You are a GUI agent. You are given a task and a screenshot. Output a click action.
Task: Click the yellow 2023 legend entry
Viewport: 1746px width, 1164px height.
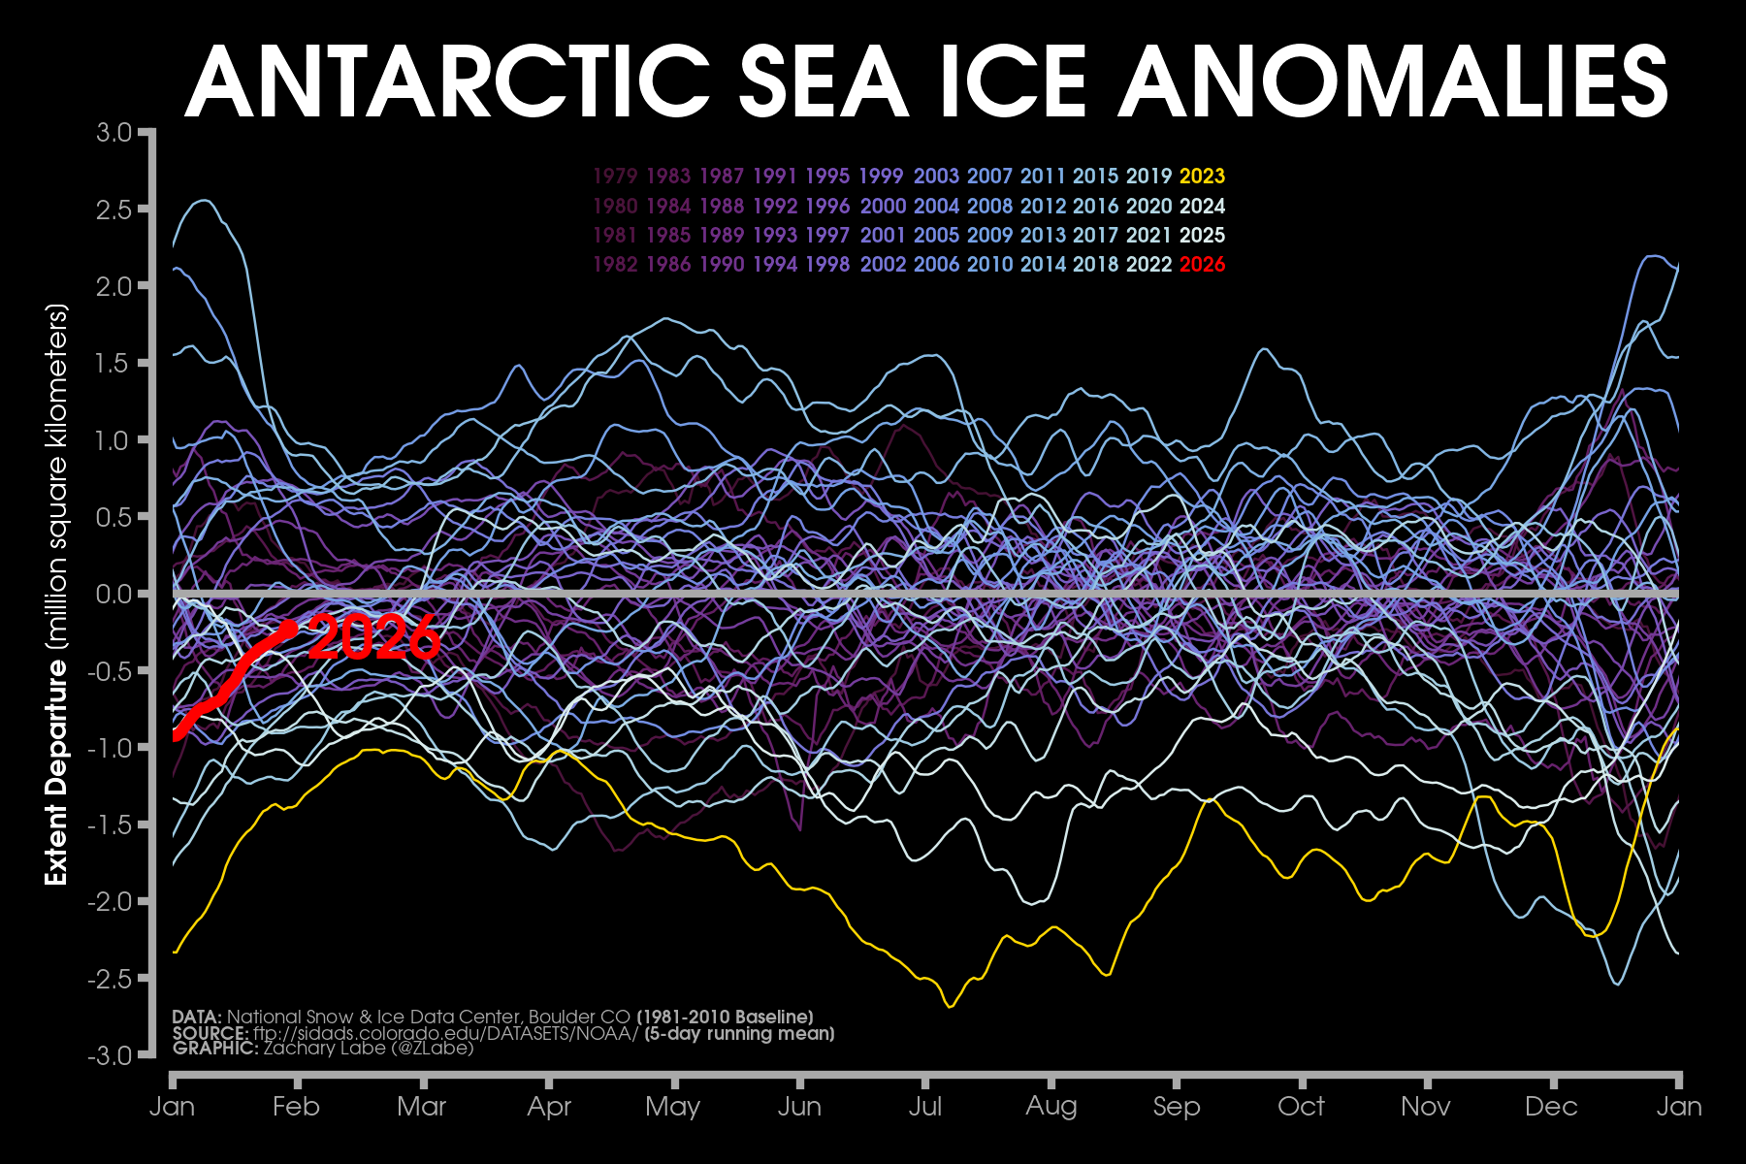tap(1202, 177)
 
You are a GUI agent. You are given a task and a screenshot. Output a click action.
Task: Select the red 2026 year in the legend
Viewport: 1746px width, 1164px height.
tap(1202, 265)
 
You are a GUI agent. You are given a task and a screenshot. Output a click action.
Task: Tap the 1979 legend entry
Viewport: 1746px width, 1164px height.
tap(615, 177)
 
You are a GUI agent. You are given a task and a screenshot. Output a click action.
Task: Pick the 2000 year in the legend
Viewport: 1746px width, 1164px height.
tap(883, 207)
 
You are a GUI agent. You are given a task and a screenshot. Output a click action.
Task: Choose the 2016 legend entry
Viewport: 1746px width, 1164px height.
tap(1095, 207)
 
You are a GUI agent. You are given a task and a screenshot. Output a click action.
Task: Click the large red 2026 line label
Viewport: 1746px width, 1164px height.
tap(374, 638)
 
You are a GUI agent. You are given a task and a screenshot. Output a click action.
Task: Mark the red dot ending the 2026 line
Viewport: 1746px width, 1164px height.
tap(288, 629)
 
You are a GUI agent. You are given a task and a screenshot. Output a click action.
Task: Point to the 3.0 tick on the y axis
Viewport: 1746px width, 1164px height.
tap(113, 132)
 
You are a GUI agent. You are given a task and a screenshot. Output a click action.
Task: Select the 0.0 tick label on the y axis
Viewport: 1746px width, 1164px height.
tap(113, 594)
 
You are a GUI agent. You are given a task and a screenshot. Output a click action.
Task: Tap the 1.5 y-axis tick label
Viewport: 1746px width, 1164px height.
tap(113, 363)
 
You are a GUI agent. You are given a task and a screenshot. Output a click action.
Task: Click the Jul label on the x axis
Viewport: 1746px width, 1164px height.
tap(925, 1107)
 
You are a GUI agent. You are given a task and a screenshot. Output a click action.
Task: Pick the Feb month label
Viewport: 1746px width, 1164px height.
tap(296, 1107)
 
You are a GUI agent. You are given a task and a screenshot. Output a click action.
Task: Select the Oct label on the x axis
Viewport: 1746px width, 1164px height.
tap(1301, 1107)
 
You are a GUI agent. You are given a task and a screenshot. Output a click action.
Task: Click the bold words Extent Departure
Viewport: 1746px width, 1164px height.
tap(56, 772)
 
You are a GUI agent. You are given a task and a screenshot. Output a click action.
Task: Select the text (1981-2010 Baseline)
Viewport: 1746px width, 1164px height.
tap(725, 1017)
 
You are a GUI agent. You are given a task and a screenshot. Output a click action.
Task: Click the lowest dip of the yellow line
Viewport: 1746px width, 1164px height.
tap(950, 1006)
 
